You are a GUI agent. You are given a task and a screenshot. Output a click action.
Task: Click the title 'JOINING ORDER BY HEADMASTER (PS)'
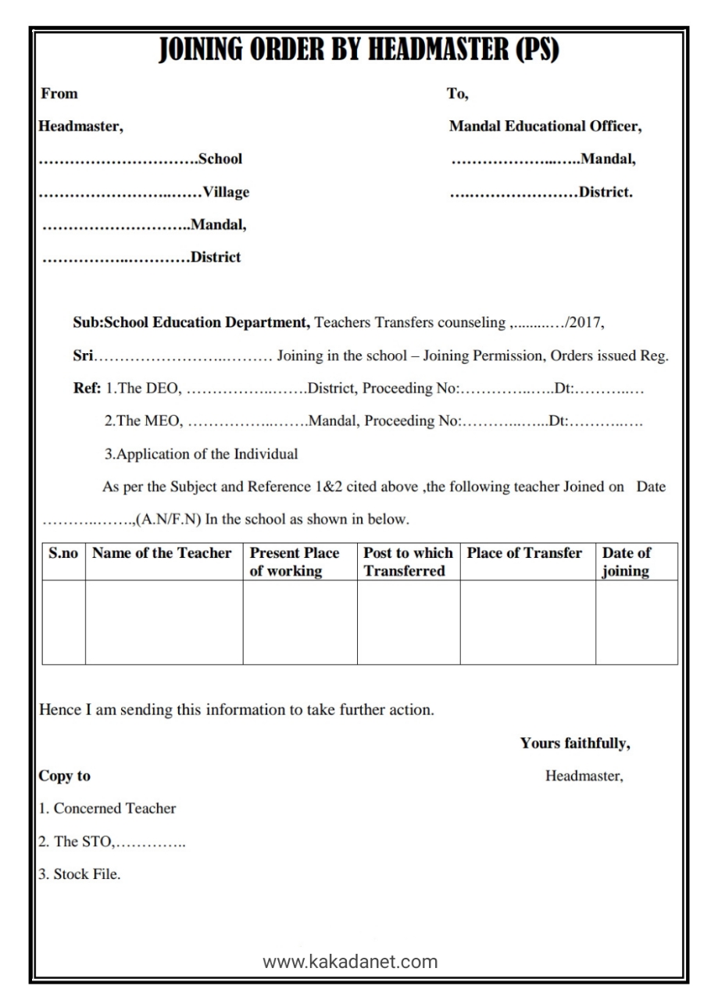coord(359,52)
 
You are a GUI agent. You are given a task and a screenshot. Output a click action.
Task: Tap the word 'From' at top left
coord(59,94)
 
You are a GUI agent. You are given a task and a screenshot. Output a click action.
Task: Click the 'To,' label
coord(457,94)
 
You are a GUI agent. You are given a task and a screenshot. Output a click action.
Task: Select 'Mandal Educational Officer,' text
coord(545,127)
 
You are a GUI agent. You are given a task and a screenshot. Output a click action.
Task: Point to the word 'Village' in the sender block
coord(226,192)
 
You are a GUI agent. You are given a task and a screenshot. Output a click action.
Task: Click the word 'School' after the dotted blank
coord(220,159)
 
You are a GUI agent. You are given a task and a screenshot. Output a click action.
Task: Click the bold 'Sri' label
coord(83,356)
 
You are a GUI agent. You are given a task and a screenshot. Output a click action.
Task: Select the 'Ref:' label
coord(87,388)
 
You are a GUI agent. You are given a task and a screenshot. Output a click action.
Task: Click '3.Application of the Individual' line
coord(201,454)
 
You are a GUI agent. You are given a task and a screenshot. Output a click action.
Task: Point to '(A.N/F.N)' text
coord(170,520)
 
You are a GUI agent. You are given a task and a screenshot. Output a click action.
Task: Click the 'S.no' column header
coord(63,553)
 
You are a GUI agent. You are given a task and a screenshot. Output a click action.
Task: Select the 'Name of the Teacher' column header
coord(162,553)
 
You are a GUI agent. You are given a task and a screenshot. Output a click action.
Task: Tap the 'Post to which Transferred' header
coord(408,562)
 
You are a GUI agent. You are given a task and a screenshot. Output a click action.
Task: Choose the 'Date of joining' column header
coord(627,562)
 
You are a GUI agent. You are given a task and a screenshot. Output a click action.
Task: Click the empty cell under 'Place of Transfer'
coord(527,622)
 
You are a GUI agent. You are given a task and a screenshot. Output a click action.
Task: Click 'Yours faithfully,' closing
coord(575,744)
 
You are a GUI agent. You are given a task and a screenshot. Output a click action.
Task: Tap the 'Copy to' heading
coord(65,777)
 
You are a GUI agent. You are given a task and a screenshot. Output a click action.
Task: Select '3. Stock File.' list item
coord(80,875)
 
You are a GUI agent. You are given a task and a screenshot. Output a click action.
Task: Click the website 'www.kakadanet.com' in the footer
coord(350,962)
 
